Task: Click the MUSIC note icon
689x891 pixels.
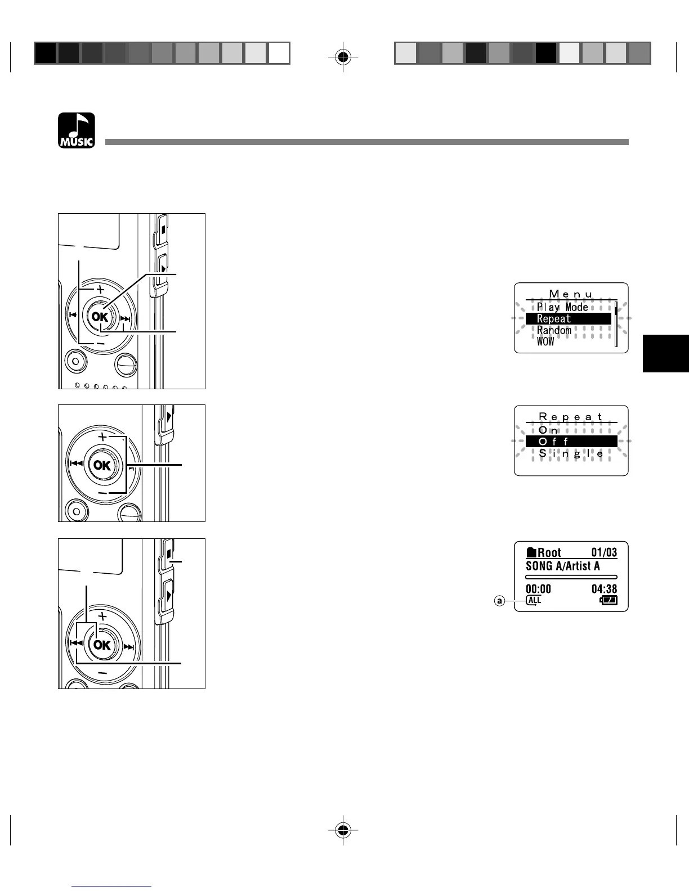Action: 77,130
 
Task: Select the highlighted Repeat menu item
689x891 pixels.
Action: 568,319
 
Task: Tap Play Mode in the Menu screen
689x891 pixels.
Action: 562,307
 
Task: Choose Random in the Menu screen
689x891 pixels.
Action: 554,330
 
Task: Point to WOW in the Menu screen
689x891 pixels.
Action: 545,341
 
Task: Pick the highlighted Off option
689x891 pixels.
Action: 571,442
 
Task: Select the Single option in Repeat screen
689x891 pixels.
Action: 571,453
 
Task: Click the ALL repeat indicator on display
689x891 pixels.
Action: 534,600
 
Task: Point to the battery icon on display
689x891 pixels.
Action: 609,600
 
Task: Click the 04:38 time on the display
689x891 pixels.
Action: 604,589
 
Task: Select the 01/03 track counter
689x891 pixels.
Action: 604,552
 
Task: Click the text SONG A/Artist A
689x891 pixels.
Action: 562,566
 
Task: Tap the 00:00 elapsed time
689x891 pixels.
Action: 538,589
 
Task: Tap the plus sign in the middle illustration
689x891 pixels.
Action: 102,437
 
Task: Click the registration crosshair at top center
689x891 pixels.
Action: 343,57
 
